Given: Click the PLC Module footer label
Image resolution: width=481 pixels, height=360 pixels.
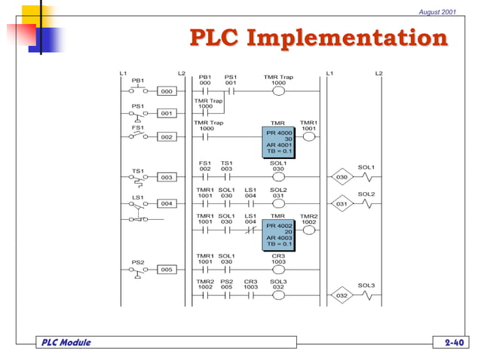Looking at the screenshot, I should tap(65, 343).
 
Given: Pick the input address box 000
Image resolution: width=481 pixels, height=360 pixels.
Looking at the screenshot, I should tap(167, 91).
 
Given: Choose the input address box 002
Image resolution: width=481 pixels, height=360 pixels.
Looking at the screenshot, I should tap(167, 137).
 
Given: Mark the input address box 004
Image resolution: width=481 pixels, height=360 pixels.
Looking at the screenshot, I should tap(167, 203).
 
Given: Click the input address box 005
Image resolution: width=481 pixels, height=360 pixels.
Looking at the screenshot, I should tap(167, 269).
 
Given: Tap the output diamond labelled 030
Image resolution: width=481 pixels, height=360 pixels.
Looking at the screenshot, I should tap(342, 178).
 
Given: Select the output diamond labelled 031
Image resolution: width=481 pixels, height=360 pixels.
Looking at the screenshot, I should tap(342, 204).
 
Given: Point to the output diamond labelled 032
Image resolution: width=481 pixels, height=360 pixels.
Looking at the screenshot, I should tap(342, 296).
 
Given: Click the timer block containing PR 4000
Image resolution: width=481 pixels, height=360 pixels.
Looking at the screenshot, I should tap(279, 142).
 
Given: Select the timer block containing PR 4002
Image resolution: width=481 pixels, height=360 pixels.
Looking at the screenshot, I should tap(279, 233).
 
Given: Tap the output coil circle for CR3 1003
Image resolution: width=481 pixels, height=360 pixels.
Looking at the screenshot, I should tap(278, 270).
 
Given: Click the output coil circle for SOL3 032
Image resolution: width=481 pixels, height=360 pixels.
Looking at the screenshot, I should tap(278, 296).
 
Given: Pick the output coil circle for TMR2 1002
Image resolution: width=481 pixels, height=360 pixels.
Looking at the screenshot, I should tap(309, 230).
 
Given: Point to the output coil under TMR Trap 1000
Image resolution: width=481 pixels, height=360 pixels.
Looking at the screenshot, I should tap(278, 91).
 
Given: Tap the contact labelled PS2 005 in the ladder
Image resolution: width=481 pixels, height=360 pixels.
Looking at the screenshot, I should tap(226, 296).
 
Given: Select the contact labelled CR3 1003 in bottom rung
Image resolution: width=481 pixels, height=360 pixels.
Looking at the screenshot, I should tap(250, 296).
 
